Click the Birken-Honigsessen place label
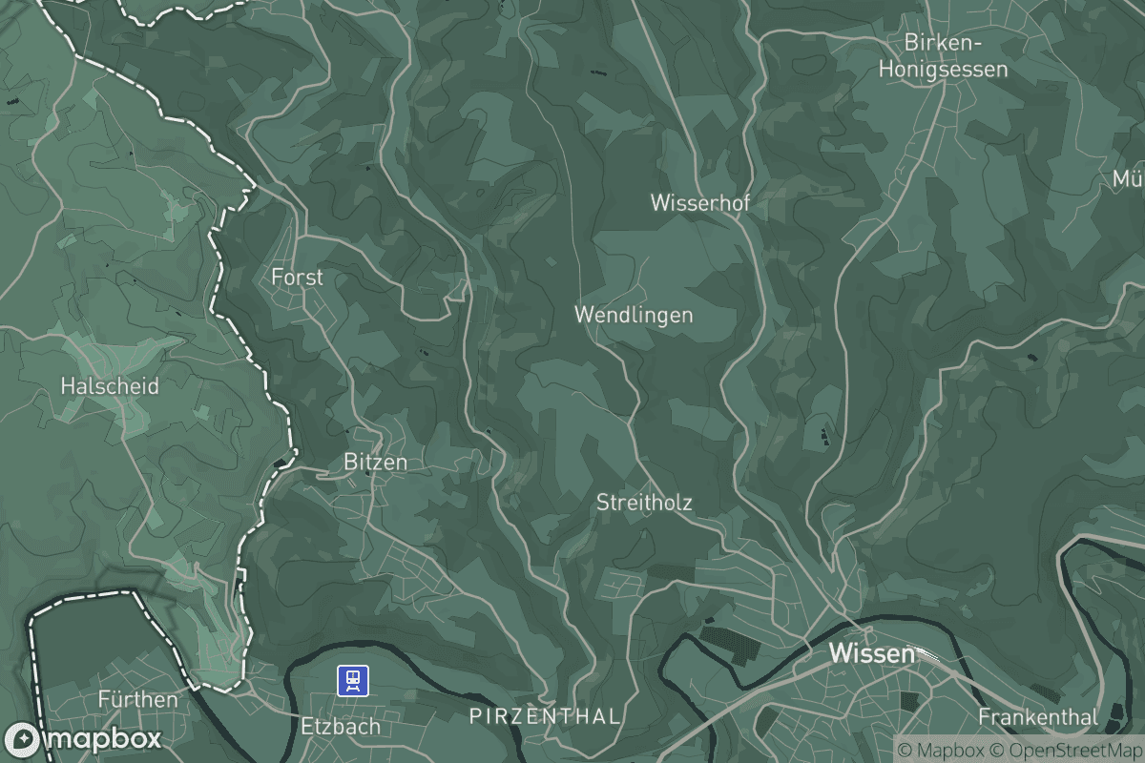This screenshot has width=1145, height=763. [x=943, y=56]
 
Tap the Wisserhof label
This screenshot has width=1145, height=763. [x=700, y=202]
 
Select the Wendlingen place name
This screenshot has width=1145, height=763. [x=634, y=315]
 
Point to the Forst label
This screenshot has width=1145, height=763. [x=297, y=278]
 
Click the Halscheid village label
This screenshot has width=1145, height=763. [x=110, y=387]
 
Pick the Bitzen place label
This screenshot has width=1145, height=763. [x=375, y=463]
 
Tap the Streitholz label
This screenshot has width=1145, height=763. [x=644, y=503]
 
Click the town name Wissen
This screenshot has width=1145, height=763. [x=872, y=654]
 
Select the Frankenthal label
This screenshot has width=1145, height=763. [x=1038, y=716]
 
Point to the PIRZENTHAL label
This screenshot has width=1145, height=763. [x=545, y=716]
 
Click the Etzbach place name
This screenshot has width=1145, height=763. [x=341, y=727]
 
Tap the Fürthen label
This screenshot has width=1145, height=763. [x=138, y=700]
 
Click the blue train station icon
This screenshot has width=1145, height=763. [x=353, y=681]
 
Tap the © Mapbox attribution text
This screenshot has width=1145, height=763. [x=941, y=749]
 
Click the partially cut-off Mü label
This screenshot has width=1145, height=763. [x=1128, y=179]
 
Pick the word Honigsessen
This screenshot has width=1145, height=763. [x=943, y=70]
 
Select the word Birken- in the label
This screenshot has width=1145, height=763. [x=943, y=44]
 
